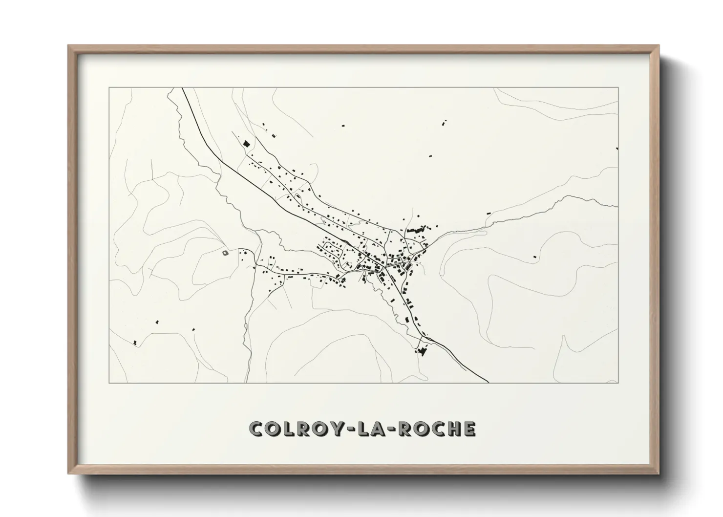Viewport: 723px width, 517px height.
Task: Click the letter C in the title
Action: click(x=256, y=429)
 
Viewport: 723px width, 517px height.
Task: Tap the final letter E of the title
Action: click(x=469, y=429)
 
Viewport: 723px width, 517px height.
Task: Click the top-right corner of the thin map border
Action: click(x=618, y=88)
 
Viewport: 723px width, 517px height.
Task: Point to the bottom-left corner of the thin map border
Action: click(x=109, y=383)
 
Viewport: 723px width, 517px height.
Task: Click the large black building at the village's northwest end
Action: click(x=246, y=144)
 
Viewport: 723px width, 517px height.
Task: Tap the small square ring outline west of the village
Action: click(x=225, y=253)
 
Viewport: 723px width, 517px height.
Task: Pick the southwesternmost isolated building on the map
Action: click(x=134, y=342)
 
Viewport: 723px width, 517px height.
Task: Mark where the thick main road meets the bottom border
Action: click(x=488, y=382)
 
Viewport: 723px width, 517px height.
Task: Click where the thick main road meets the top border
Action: click(x=182, y=88)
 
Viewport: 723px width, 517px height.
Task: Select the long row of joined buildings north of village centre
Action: click(x=415, y=229)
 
